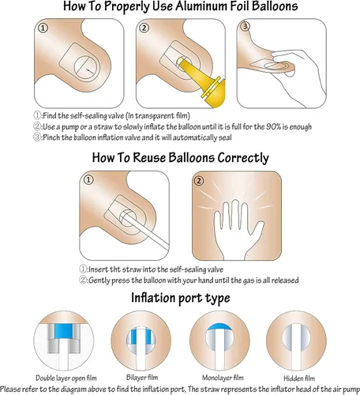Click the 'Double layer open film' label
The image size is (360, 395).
(66, 378)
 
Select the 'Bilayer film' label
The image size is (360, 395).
(142, 378)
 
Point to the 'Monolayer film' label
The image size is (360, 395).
(223, 378)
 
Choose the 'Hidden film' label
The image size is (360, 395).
(299, 378)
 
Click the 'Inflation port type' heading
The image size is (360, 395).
(181, 298)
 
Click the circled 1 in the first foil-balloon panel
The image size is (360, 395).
(43, 28)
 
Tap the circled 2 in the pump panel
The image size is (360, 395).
(144, 28)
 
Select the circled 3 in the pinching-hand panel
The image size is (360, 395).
(246, 26)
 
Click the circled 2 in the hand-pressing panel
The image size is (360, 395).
(199, 181)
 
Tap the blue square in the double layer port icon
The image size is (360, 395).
(63, 331)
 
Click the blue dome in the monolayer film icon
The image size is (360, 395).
(219, 326)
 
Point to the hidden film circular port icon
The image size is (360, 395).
(296, 340)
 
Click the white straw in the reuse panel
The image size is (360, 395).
(145, 231)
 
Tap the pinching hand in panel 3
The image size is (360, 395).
(298, 77)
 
